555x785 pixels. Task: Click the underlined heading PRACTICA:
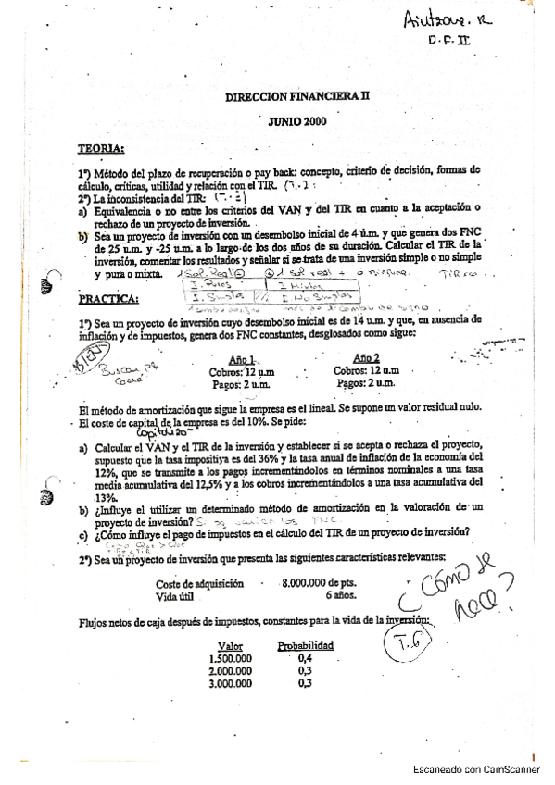tap(109, 299)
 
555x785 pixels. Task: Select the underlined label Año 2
tap(367, 358)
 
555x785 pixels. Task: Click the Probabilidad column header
tap(306, 646)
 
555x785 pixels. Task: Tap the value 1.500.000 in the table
tap(230, 659)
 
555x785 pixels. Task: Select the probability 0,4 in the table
tap(305, 659)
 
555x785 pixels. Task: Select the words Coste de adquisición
tap(200, 584)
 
